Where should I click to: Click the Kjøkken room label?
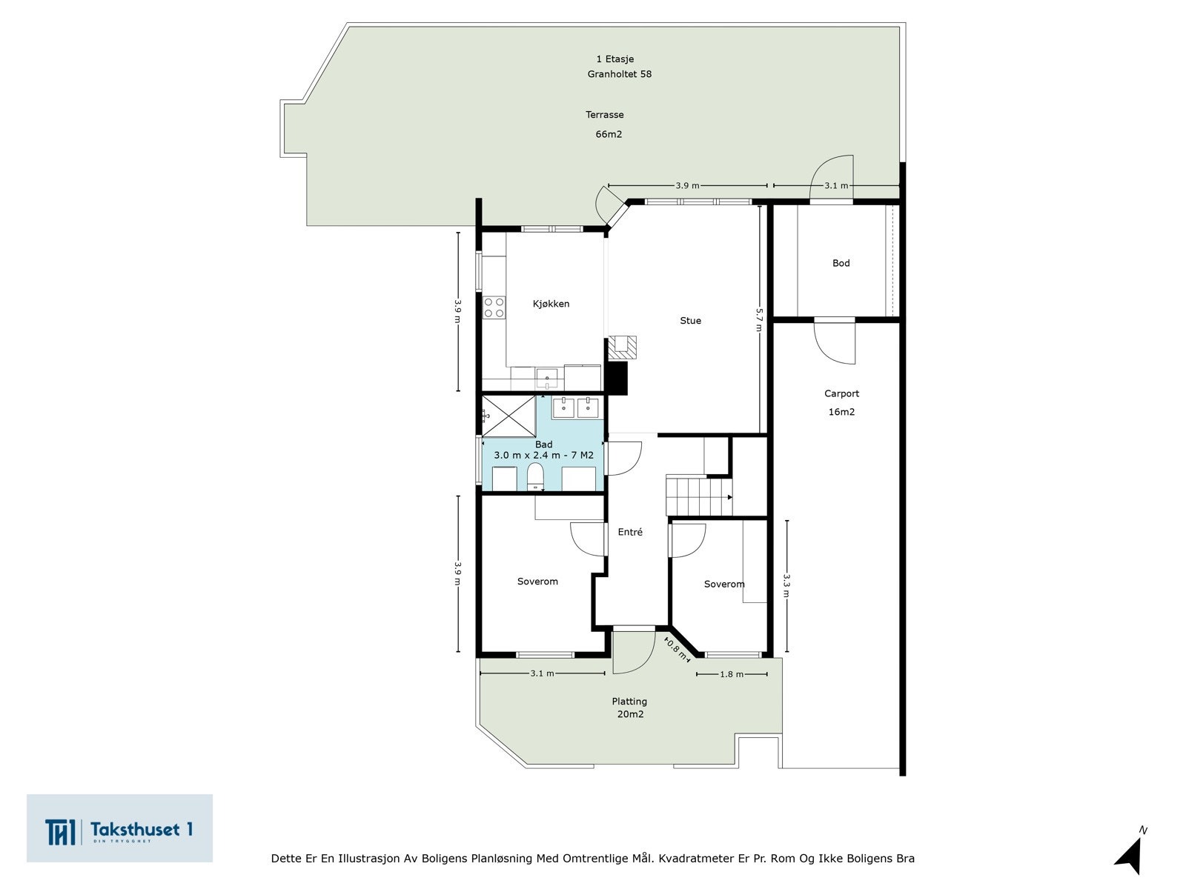(551, 304)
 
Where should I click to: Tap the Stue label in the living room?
(690, 321)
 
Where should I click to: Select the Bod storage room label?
(841, 263)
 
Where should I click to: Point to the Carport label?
(841, 394)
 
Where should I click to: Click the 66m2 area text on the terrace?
(609, 134)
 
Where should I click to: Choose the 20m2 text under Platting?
(630, 714)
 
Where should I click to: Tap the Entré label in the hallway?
(630, 532)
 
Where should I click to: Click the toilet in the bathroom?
(535, 476)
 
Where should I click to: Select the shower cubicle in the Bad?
(508, 416)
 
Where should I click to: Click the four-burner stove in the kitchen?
(494, 307)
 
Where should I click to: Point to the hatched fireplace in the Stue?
(623, 347)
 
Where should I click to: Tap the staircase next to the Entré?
(698, 495)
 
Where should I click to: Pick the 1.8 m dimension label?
(732, 674)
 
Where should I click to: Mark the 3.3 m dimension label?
(786, 586)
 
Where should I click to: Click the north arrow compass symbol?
(1131, 852)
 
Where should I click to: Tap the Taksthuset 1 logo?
(119, 828)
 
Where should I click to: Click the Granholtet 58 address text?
(619, 75)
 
